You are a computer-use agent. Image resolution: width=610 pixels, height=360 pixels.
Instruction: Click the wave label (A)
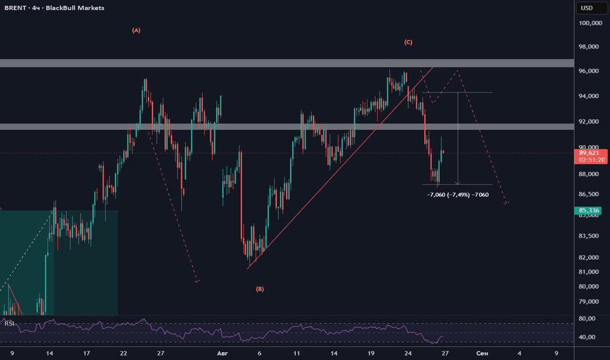[x=136, y=30]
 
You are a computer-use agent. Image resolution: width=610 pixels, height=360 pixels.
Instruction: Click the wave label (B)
[x=260, y=289]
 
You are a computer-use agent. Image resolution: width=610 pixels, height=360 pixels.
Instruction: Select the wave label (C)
[x=408, y=43]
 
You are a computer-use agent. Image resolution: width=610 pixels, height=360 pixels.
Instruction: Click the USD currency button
[x=586, y=8]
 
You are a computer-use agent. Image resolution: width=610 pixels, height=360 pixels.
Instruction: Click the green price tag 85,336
[x=588, y=211]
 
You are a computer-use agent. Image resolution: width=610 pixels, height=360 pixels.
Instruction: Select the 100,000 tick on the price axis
[x=590, y=24]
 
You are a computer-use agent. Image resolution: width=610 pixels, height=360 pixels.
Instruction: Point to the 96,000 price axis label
[x=588, y=71]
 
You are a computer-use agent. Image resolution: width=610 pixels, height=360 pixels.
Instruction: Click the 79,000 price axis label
[x=588, y=302]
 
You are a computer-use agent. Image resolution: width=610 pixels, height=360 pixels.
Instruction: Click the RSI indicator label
[x=9, y=323]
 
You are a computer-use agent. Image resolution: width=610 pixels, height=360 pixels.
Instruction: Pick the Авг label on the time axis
[x=222, y=353]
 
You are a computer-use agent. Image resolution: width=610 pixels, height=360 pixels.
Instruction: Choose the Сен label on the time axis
[x=482, y=353]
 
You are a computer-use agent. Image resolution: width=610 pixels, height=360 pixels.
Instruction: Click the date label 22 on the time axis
[x=123, y=353]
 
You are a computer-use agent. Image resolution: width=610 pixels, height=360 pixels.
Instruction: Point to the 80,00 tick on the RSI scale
[x=587, y=318]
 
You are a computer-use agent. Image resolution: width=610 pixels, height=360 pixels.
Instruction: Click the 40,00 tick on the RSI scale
[x=587, y=337]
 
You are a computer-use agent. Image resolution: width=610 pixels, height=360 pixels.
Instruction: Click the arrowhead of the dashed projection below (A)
[x=197, y=281]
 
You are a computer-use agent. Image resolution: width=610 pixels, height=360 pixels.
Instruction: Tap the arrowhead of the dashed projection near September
[x=506, y=203]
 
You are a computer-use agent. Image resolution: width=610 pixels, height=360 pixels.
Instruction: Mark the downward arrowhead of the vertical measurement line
[x=458, y=183]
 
